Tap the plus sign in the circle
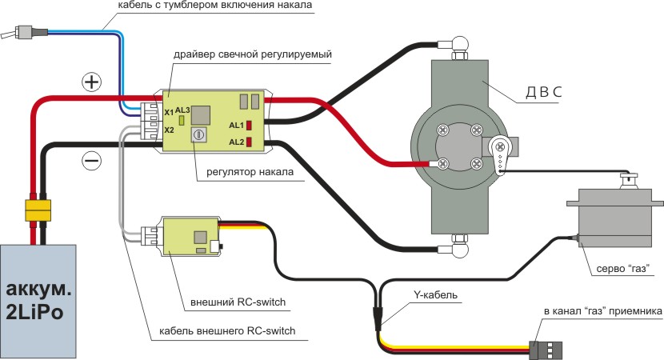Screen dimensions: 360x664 point(92,82)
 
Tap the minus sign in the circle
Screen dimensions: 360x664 point(92,160)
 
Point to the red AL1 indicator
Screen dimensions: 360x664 point(250,125)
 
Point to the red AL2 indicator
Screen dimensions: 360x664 point(250,142)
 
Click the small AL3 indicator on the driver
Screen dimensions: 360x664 point(182,120)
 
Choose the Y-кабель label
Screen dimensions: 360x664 point(435,295)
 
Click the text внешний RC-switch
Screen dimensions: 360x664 point(238,302)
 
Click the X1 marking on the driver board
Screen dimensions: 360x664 point(169,113)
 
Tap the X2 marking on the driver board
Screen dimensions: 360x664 point(169,130)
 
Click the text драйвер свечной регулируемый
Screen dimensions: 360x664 point(251,54)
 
